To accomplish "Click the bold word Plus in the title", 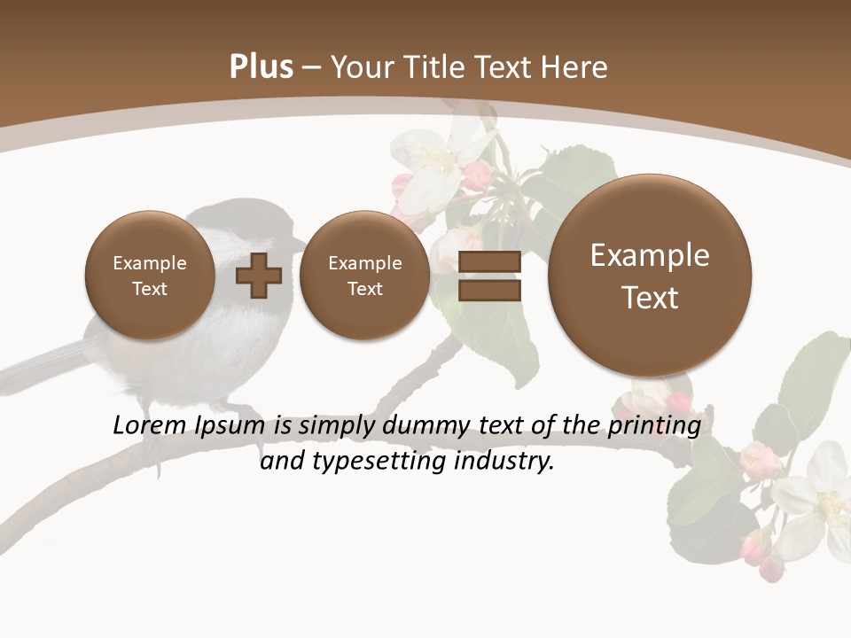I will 261,67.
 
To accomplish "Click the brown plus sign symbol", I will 258,276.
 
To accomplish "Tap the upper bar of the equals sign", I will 488,262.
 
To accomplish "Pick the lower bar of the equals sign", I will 488,290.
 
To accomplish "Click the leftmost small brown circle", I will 150,276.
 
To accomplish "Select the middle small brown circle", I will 365,276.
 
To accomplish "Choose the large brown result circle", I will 650,276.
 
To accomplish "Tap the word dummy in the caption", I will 416,425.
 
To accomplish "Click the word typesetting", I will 379,462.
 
